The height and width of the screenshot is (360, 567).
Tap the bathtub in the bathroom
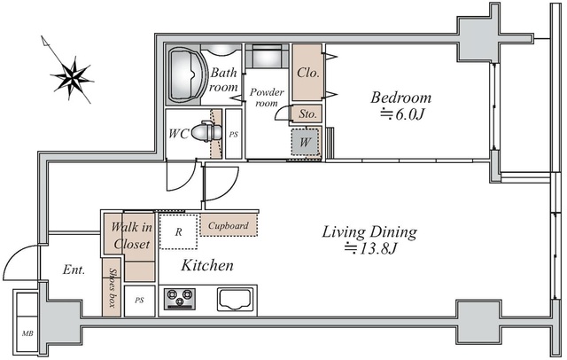(185, 74)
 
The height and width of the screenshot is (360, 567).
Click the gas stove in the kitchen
(180, 299)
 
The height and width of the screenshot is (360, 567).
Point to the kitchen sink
(234, 299)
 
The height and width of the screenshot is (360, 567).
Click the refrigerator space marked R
(179, 231)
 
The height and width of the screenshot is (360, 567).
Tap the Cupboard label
(229, 226)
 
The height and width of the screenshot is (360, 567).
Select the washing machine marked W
(306, 142)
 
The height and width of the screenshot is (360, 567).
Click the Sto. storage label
(307, 114)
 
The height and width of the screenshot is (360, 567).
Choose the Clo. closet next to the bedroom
(307, 73)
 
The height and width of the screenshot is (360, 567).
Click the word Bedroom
(401, 98)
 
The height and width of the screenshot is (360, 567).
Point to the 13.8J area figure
(370, 248)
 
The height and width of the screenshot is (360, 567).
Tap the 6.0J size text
(401, 114)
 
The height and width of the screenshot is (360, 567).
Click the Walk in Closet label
(131, 236)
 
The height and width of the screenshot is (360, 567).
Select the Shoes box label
(113, 288)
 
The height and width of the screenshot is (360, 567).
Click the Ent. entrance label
(74, 270)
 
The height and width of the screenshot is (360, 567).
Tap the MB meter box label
(27, 333)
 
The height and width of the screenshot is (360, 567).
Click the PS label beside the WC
(234, 135)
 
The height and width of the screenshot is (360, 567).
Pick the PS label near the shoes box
(140, 301)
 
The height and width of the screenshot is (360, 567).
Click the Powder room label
(267, 98)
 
